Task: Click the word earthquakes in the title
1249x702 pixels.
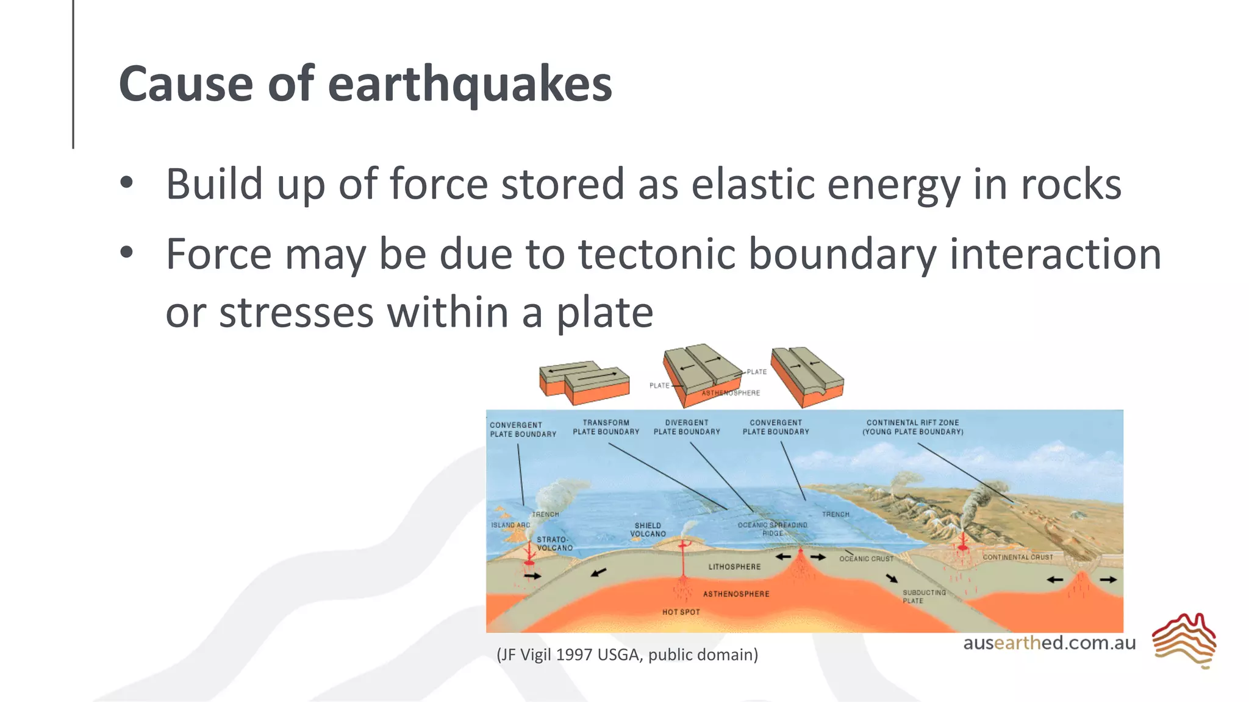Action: click(470, 85)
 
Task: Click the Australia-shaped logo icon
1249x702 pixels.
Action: click(1184, 640)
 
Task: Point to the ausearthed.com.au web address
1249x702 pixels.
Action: click(1049, 643)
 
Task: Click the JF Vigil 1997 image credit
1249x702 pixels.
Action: click(627, 654)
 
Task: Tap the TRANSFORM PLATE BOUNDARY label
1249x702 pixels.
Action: click(606, 427)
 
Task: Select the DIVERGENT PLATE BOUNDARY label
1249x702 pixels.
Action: click(687, 427)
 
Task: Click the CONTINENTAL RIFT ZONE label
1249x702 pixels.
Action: click(912, 427)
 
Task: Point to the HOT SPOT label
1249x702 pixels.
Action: click(681, 612)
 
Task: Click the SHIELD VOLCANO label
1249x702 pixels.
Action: click(648, 530)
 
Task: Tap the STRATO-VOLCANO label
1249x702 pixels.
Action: click(554, 544)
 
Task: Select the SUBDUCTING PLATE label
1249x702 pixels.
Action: click(923, 597)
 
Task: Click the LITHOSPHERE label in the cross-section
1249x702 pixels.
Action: click(734, 567)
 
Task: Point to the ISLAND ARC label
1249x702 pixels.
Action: click(510, 525)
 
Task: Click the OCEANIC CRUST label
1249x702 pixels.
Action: click(866, 559)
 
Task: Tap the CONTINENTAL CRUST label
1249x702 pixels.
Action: click(1017, 557)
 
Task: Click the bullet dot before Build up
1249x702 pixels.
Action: click(126, 182)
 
